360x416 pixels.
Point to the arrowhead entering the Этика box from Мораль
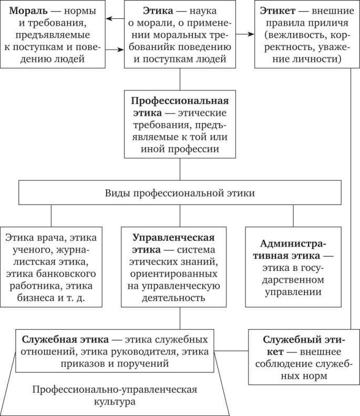[121, 50]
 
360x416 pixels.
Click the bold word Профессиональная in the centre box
[180, 100]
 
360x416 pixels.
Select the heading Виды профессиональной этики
[180, 194]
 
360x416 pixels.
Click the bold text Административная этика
[293, 250]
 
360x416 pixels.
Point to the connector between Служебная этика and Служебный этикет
[232, 350]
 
